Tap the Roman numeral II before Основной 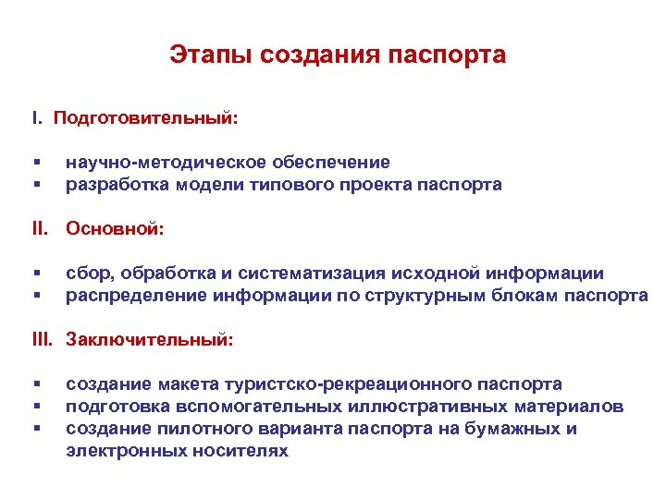tap(40, 228)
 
